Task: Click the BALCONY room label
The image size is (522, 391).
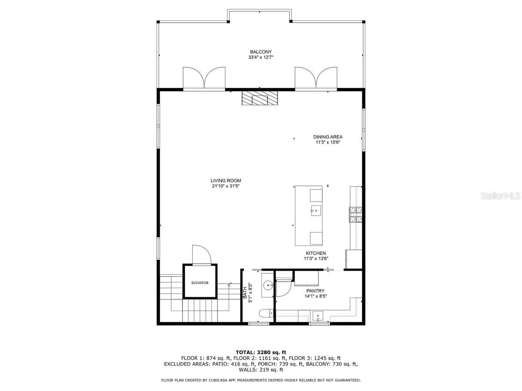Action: [261, 52]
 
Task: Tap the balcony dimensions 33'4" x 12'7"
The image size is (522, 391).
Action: [261, 57]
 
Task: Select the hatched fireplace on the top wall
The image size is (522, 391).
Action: [260, 98]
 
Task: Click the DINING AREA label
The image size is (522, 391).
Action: [328, 137]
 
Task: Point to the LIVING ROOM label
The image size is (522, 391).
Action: [226, 181]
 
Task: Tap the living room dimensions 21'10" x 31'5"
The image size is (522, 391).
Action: [226, 186]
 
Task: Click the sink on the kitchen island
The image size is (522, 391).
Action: [315, 212]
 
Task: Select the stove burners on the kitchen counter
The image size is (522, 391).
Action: [355, 215]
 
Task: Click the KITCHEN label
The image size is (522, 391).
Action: [315, 253]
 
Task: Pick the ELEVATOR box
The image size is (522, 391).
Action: [200, 282]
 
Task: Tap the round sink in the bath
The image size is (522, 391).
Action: [267, 286]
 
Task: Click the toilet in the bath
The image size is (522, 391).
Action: [265, 313]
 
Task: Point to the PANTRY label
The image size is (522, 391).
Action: [315, 291]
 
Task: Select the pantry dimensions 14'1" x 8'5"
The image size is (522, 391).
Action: [315, 296]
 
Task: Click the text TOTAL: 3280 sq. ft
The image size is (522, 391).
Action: [261, 352]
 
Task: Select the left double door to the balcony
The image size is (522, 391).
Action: [204, 78]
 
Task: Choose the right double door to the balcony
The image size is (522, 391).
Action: [316, 78]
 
